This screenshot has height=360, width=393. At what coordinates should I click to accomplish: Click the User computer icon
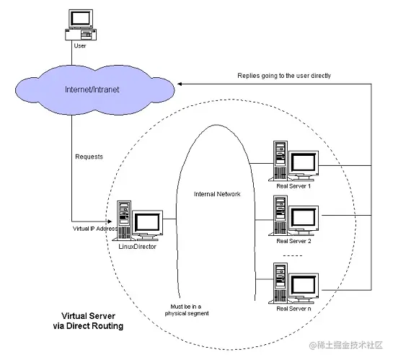(81, 25)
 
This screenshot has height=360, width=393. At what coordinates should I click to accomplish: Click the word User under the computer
(80, 46)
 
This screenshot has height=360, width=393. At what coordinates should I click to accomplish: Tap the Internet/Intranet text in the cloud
(92, 89)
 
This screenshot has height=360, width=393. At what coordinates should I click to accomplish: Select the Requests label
(89, 157)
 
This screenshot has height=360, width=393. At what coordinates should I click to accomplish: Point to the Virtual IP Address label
(95, 229)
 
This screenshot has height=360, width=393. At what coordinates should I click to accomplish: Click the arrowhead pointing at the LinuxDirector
(110, 221)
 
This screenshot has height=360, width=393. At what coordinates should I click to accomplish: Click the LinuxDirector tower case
(123, 220)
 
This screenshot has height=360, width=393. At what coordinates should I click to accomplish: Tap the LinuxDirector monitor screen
(147, 223)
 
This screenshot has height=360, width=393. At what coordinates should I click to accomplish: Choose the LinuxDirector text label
(137, 247)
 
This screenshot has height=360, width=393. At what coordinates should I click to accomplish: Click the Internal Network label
(217, 194)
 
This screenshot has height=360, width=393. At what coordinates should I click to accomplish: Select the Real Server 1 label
(293, 186)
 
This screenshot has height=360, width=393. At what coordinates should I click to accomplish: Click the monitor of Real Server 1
(304, 163)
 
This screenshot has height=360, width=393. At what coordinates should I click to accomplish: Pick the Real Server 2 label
(293, 241)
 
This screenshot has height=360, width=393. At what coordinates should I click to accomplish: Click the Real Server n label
(293, 309)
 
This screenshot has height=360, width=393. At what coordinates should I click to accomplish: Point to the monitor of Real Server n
(304, 286)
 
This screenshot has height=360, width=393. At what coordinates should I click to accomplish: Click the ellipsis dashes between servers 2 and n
(293, 255)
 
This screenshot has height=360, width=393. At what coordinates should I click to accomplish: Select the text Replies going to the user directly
(284, 76)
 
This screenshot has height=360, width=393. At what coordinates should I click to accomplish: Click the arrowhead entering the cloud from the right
(180, 84)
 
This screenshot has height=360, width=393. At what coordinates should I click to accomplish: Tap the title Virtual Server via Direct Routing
(88, 321)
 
